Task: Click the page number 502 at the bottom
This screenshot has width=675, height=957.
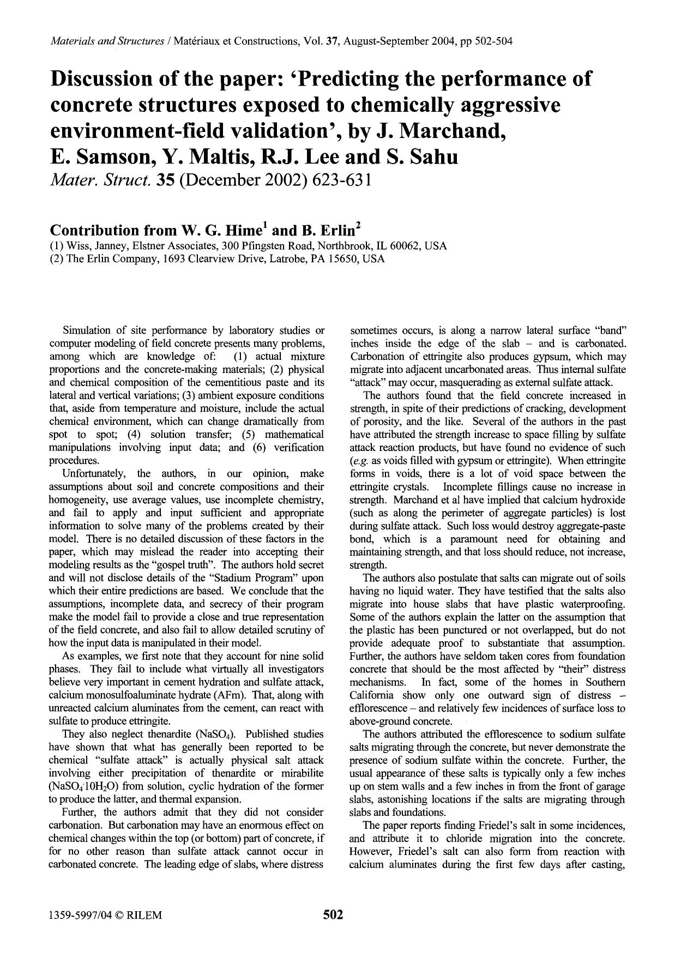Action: [333, 914]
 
